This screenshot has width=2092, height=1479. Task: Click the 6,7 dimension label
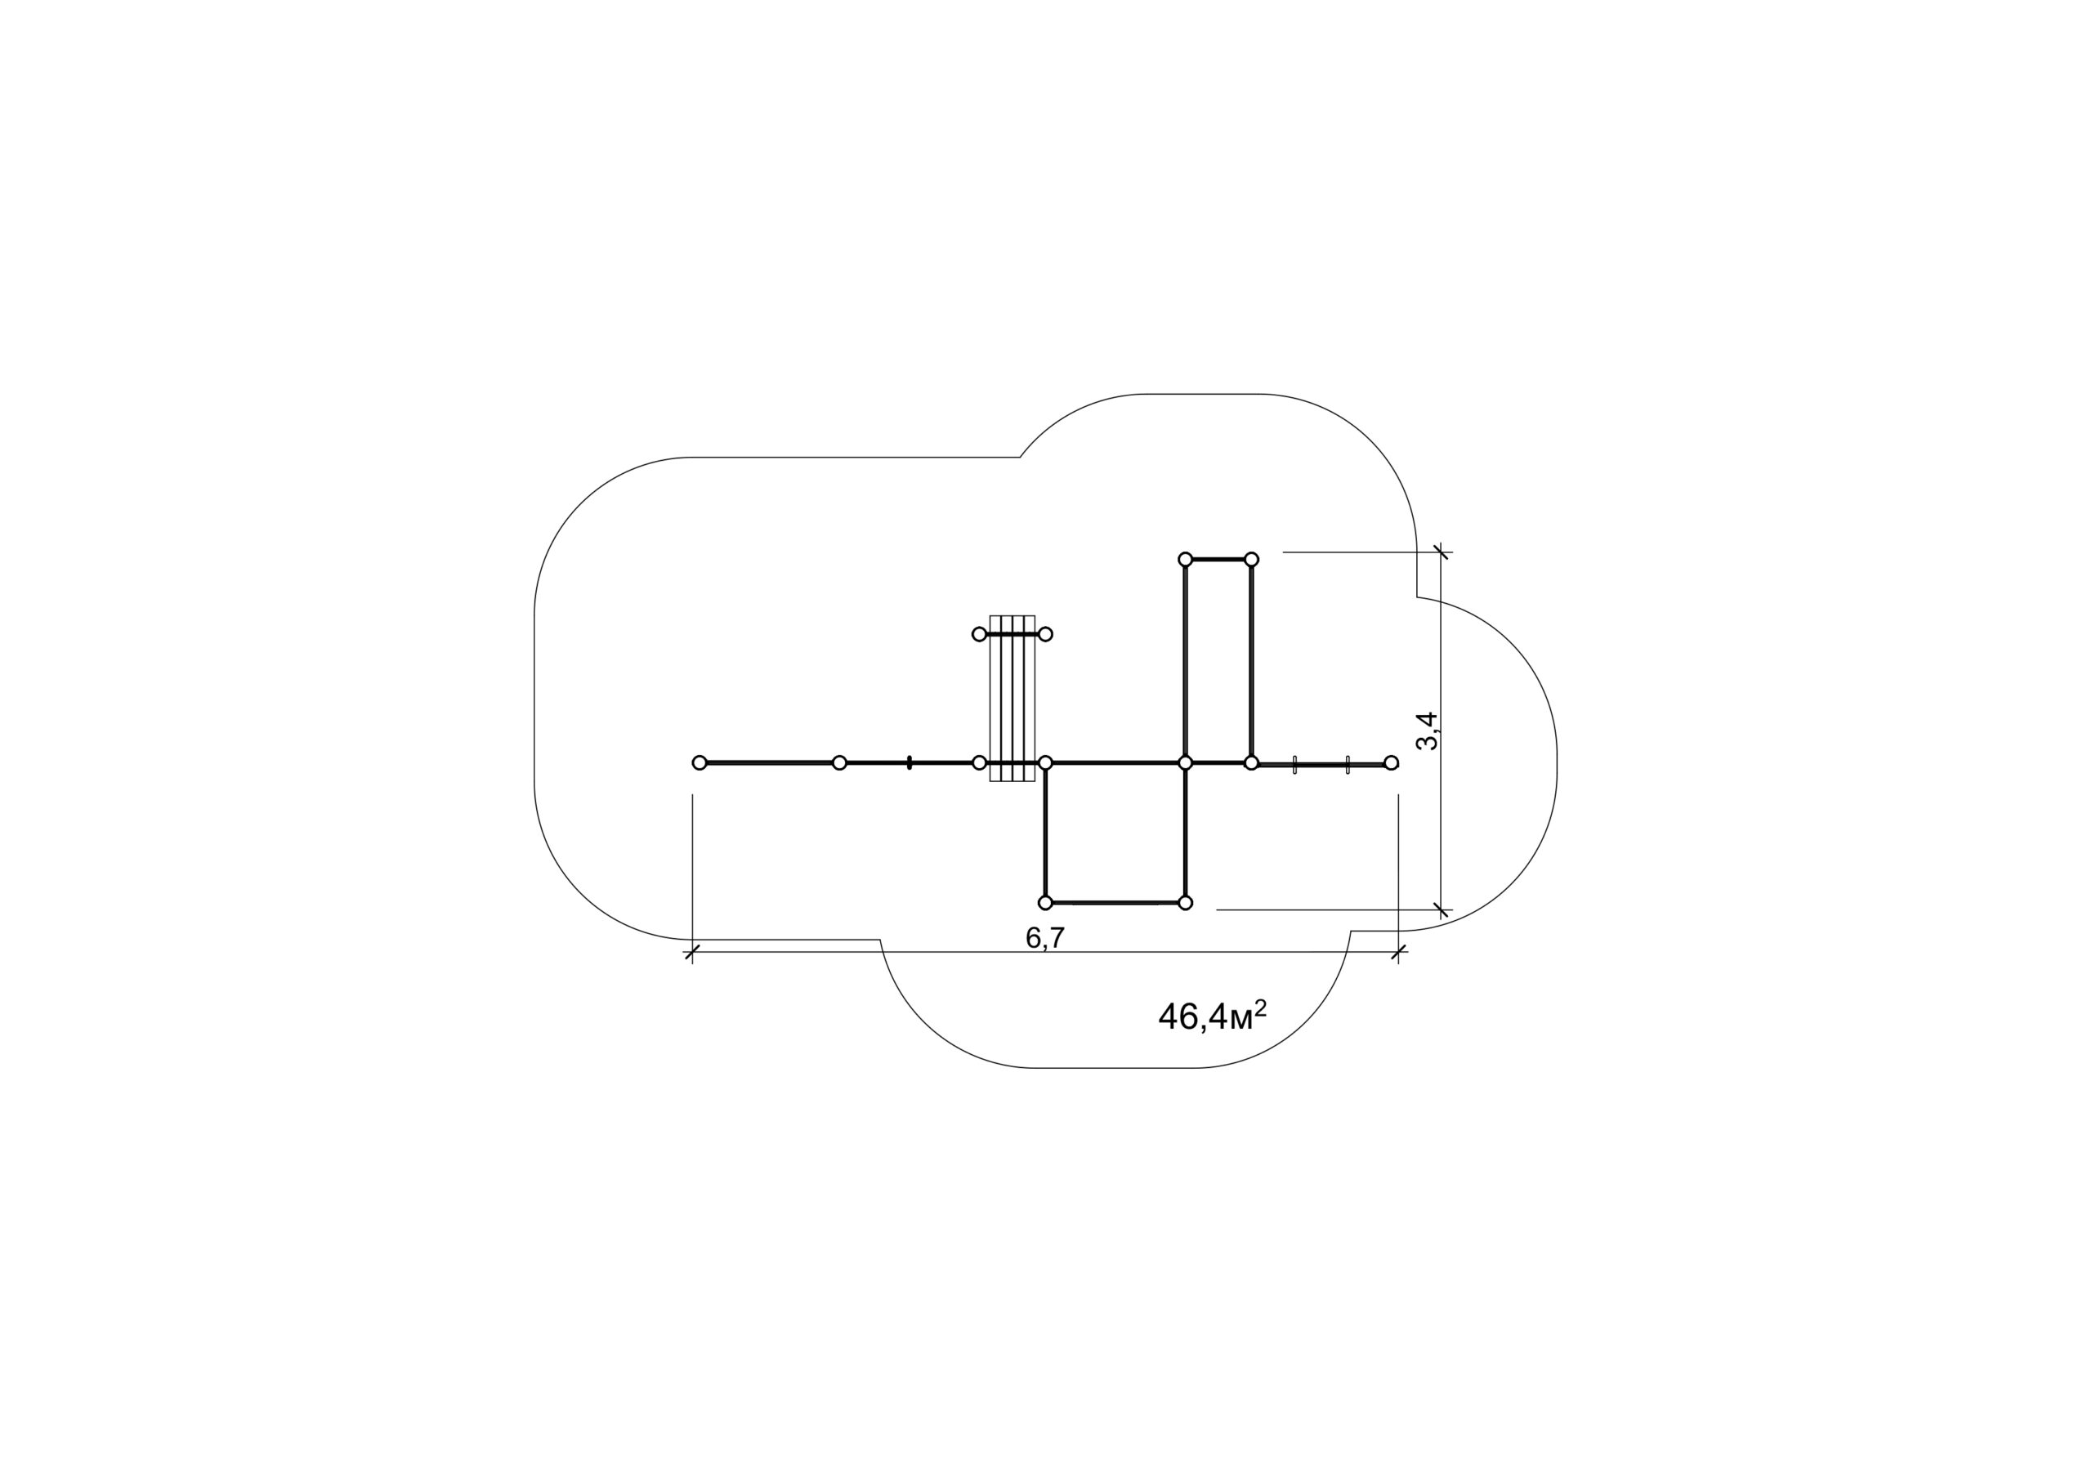tap(1045, 938)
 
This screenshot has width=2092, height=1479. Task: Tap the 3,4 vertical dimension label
tap(1427, 731)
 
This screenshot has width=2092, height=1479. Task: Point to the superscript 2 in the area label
tap(1260, 1008)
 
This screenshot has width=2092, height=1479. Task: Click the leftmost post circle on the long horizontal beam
tap(700, 762)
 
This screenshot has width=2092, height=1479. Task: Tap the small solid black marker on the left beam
tap(910, 762)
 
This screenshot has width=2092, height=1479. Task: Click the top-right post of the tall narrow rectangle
tap(1252, 559)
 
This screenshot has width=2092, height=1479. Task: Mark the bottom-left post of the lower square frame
tap(1046, 903)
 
